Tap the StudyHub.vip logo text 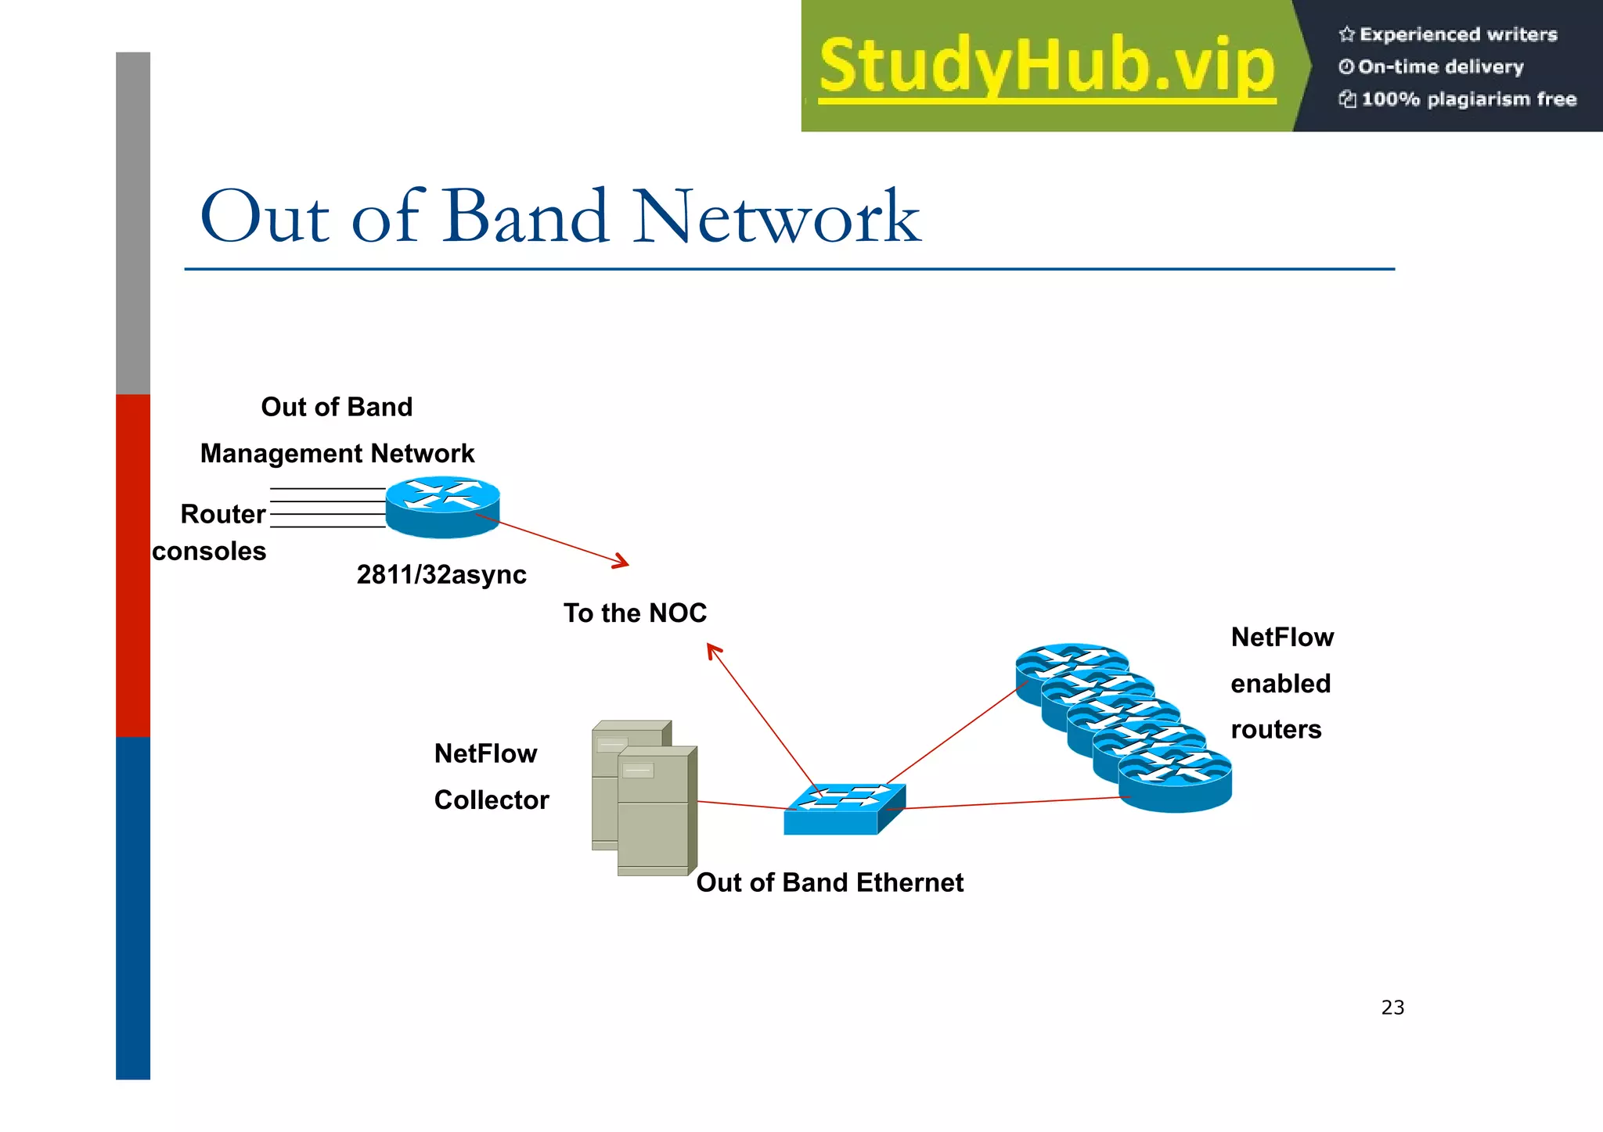pos(1047,66)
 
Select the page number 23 pos(1392,1008)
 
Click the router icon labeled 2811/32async pos(443,507)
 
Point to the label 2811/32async pos(441,575)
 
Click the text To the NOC pos(635,613)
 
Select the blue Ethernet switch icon pos(845,809)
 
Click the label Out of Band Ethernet pos(830,882)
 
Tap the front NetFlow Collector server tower pos(654,810)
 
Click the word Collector pos(492,800)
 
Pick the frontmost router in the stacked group pos(1175,779)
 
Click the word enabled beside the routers pos(1281,684)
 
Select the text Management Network pos(337,454)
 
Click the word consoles pos(209,552)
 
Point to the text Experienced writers pos(1457,34)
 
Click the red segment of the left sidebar pos(133,565)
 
